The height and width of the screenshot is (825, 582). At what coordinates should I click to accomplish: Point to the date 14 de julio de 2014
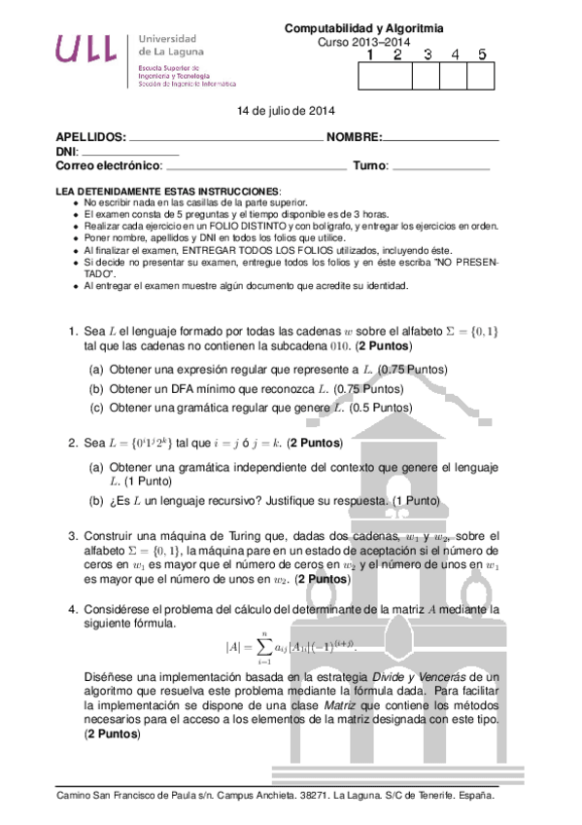(286, 111)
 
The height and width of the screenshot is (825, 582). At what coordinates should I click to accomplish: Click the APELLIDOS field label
(91, 137)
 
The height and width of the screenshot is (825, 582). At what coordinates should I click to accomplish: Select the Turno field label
(370, 166)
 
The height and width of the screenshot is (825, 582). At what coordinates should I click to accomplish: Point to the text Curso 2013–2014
(364, 43)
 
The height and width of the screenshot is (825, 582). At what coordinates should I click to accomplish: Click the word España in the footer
(474, 795)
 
